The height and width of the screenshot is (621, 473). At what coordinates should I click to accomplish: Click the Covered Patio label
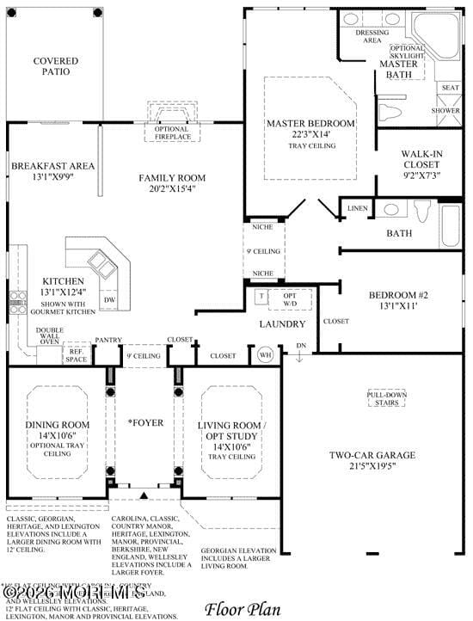click(x=55, y=66)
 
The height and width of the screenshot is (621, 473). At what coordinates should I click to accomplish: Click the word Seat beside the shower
click(x=450, y=88)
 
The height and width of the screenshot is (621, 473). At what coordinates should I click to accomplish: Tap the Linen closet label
click(x=357, y=209)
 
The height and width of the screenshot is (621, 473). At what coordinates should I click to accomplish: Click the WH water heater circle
click(x=264, y=354)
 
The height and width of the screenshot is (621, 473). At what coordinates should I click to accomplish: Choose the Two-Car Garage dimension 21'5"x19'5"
click(x=372, y=467)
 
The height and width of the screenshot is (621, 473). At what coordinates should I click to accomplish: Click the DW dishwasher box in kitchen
click(x=109, y=299)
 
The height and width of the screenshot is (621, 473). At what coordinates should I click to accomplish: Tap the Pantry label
click(x=108, y=340)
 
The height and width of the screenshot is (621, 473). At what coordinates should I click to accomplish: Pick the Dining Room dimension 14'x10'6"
click(x=58, y=436)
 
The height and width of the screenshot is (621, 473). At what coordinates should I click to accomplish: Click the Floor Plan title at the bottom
click(x=243, y=610)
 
